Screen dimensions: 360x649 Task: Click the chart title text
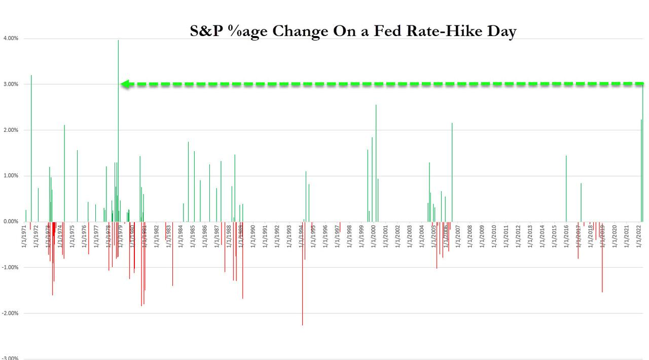353,31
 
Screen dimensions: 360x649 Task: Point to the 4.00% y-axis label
11,39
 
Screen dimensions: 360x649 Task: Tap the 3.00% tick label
11,84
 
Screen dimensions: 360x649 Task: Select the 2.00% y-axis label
11,130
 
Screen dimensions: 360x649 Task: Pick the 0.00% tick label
11,222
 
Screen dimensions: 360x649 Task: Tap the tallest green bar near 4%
118,127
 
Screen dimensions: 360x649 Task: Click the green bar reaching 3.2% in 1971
31,147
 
